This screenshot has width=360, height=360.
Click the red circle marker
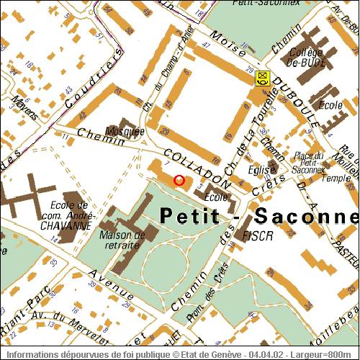tap(179, 180)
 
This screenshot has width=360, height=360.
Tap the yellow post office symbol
tap(262, 78)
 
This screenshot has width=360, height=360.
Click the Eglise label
tap(262, 170)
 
